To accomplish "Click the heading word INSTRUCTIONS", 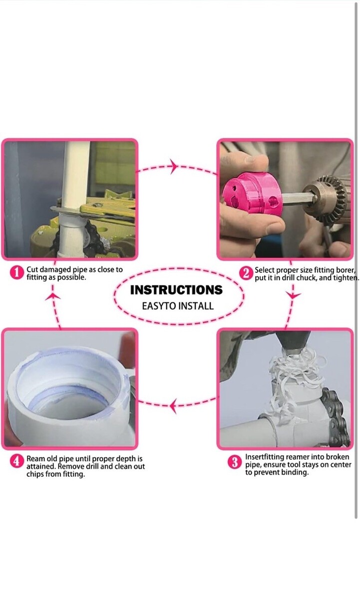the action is coord(176,290).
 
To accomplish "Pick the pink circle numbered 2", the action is coord(246,274).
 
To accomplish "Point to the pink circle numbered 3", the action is coord(235,462).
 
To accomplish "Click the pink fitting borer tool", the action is coord(252,194).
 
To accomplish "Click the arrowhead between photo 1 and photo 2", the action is coord(174,166).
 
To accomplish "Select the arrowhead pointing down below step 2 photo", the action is coord(293,296).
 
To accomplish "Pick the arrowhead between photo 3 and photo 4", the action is coord(173,406).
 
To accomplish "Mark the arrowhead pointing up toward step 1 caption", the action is coord(53,297).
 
